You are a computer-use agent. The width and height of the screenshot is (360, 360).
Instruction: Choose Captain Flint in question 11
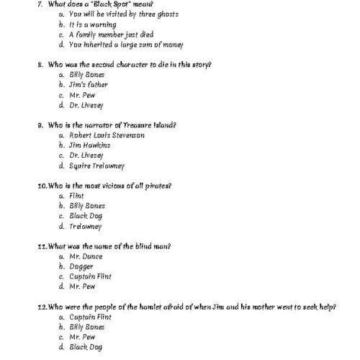pos(91,276)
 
